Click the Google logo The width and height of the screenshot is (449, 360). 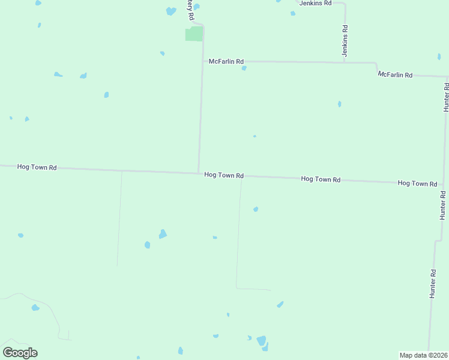coord(20,353)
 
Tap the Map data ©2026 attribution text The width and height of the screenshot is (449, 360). coord(423,355)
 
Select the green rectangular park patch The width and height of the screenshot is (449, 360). coord(193,34)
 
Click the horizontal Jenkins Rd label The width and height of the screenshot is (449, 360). coord(316,3)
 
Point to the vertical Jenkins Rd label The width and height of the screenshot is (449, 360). coord(345,41)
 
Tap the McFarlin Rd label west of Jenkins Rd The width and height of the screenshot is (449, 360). coord(226,61)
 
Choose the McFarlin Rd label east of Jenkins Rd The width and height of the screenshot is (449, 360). coord(395,75)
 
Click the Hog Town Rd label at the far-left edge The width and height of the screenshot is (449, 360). coord(37,167)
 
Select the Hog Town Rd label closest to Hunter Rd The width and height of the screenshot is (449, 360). coord(417,183)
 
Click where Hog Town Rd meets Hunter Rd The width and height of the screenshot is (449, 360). coord(443,184)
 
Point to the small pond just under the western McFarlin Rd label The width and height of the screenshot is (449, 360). coord(244,68)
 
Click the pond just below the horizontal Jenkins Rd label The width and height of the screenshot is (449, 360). coord(293,13)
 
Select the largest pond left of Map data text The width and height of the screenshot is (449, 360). coord(261,341)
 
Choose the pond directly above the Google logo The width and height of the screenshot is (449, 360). coord(35,308)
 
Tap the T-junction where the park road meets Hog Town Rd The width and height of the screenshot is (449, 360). coord(199,173)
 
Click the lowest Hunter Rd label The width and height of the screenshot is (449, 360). coord(432,284)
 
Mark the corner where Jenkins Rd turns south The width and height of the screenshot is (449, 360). coord(345,4)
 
